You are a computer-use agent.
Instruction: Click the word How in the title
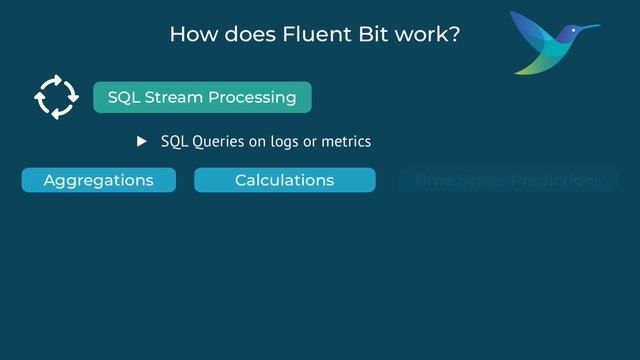(191, 33)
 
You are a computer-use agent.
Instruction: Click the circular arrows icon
(56, 97)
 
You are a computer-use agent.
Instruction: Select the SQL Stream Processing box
(202, 97)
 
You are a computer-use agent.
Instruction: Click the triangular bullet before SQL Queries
(142, 141)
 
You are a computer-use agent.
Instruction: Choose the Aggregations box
(98, 180)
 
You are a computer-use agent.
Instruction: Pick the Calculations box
(284, 180)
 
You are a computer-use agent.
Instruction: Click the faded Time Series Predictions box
(508, 180)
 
